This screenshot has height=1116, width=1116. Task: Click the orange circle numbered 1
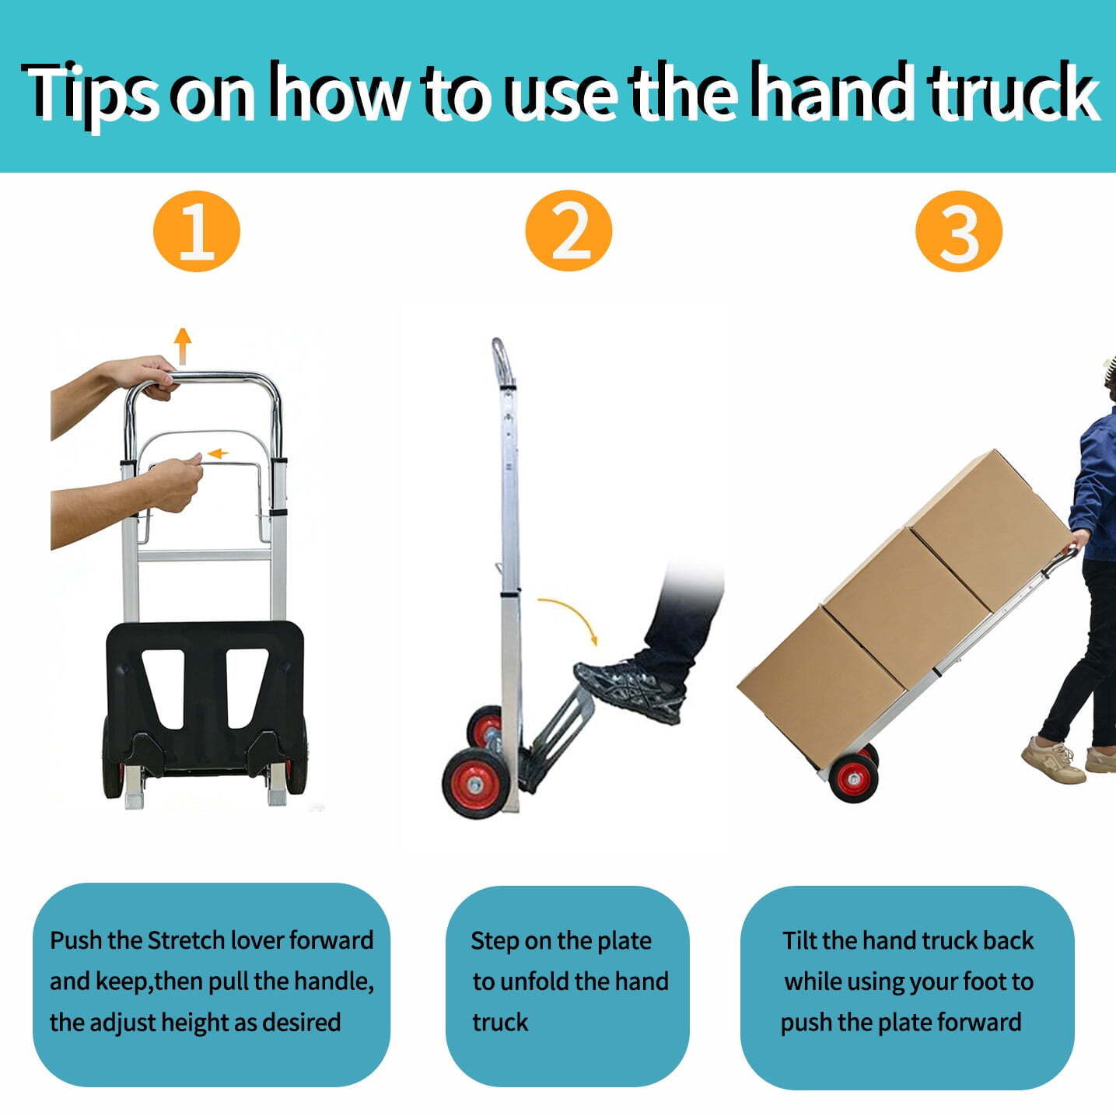(x=196, y=231)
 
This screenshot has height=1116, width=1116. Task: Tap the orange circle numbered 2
(x=568, y=230)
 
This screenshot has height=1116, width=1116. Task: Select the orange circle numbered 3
(x=958, y=231)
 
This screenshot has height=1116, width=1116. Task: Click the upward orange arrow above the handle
(x=183, y=346)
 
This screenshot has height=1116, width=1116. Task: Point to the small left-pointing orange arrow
(x=218, y=453)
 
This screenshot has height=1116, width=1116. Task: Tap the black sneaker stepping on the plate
(x=629, y=690)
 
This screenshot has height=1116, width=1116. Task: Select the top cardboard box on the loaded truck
(x=988, y=530)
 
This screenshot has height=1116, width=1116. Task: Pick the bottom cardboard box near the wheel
(x=821, y=687)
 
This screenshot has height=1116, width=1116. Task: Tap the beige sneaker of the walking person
(x=1053, y=759)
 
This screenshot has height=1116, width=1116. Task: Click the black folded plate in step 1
(x=205, y=695)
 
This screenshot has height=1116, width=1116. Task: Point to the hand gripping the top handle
(x=144, y=376)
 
